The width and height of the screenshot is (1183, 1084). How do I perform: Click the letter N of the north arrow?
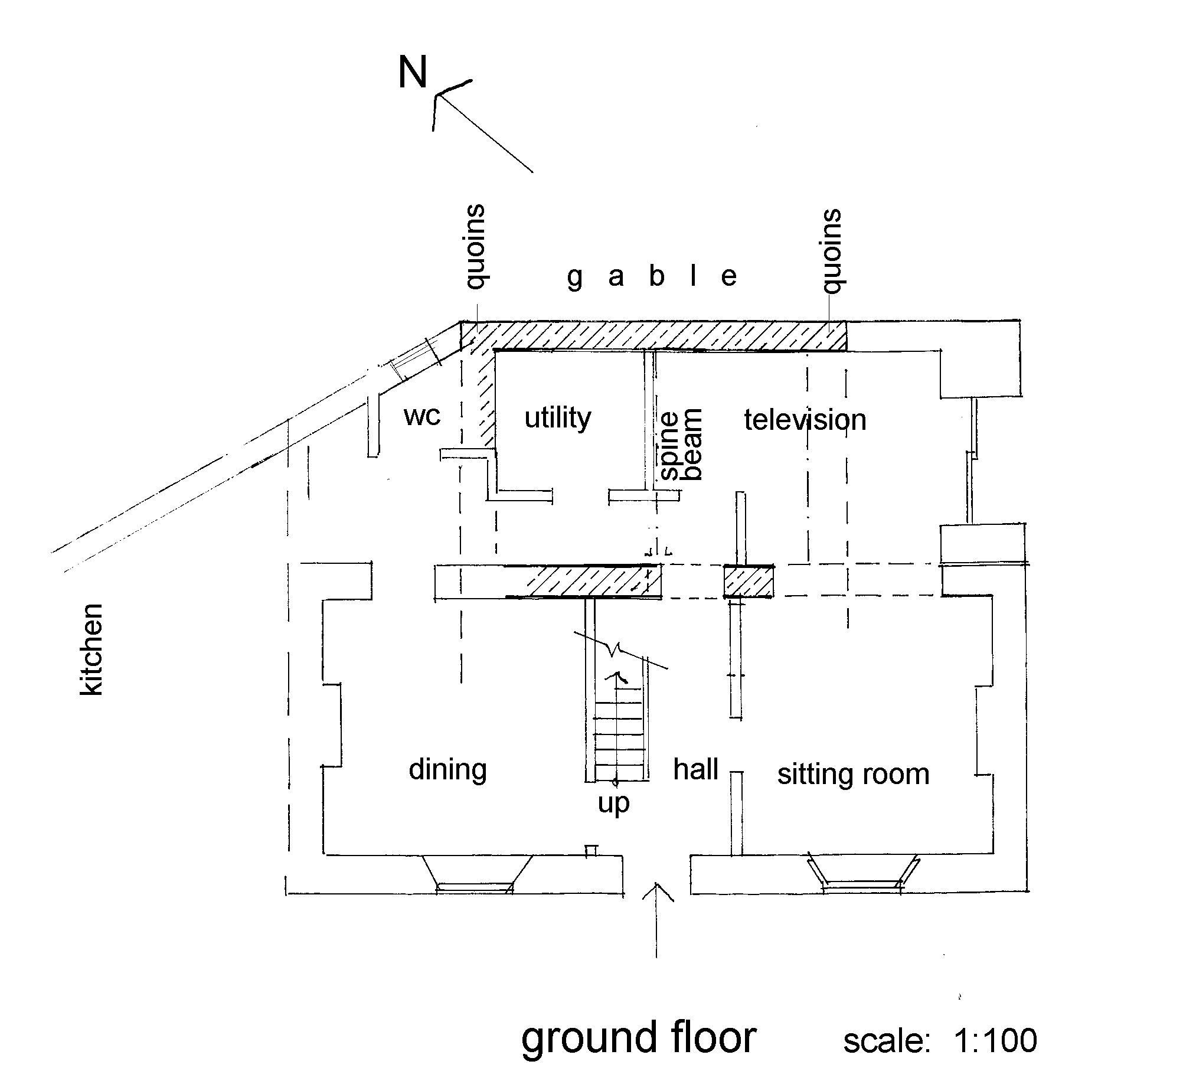(412, 73)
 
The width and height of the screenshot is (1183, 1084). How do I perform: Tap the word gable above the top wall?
(652, 277)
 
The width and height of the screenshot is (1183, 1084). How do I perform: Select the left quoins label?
(476, 247)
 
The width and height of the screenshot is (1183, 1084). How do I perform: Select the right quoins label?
(832, 250)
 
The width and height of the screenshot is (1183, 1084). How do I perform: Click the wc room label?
(422, 416)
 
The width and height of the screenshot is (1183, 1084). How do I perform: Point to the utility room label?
(558, 418)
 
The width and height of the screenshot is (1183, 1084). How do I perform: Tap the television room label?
(805, 420)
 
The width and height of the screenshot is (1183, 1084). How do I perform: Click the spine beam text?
(681, 444)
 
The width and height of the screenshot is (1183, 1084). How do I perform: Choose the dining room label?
(447, 769)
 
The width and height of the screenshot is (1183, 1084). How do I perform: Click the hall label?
(696, 769)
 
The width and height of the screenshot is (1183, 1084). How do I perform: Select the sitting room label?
(853, 774)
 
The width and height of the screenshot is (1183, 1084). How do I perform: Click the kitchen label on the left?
(91, 649)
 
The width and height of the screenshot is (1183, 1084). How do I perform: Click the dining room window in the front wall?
(475, 887)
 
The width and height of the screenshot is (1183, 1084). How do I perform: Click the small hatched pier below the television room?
(749, 582)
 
